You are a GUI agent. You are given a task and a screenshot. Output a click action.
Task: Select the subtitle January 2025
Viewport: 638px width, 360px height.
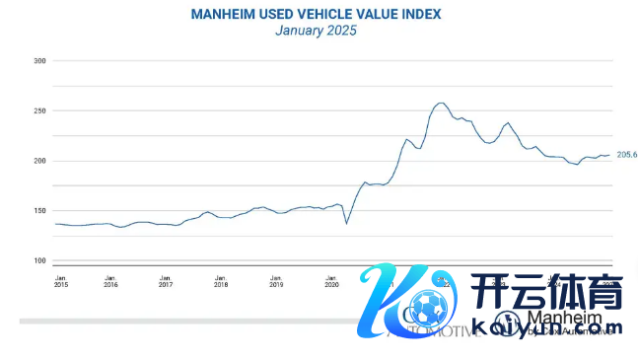(316, 31)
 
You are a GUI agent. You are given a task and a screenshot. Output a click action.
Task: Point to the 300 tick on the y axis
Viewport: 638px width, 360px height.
(40, 61)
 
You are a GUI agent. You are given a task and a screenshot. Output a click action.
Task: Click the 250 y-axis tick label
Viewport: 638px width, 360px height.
(40, 111)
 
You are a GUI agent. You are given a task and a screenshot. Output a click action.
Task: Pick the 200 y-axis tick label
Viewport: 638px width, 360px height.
(40, 161)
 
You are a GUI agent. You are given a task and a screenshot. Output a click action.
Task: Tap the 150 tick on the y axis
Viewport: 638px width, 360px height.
(40, 211)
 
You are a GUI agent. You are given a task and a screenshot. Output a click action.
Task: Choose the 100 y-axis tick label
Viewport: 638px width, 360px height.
(40, 261)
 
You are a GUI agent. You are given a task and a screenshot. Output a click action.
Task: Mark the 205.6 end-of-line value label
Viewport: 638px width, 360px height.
(627, 155)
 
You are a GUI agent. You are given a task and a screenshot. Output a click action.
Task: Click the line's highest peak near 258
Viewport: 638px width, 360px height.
(441, 103)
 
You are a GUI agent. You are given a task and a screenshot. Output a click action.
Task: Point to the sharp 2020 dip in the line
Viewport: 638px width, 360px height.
(346, 223)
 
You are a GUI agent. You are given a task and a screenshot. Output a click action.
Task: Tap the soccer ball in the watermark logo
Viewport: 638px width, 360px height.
(426, 310)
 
